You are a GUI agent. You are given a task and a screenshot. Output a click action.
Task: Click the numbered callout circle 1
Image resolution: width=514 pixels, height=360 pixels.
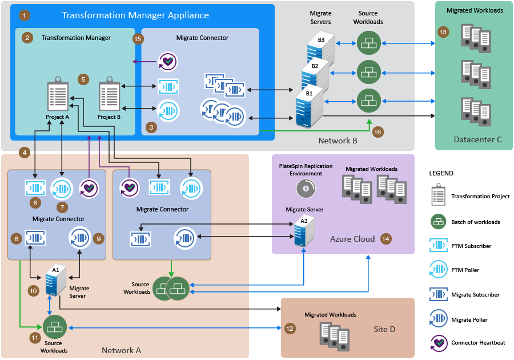click(25, 15)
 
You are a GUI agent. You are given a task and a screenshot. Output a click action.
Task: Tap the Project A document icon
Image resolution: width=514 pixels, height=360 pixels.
click(58, 96)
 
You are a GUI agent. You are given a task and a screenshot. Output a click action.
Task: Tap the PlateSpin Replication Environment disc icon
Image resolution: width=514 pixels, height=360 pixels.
click(305, 189)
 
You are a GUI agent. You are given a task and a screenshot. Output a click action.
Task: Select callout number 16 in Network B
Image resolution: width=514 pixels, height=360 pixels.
click(377, 131)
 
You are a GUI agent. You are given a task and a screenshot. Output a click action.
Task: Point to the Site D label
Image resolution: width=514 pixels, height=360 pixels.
click(384, 329)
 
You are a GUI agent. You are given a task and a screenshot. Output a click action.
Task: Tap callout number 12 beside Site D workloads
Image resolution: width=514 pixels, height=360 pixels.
click(290, 329)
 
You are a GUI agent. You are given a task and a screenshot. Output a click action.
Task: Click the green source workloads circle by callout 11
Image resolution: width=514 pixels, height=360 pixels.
click(55, 327)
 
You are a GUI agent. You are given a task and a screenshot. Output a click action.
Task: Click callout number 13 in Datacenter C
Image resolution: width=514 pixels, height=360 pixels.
click(443, 32)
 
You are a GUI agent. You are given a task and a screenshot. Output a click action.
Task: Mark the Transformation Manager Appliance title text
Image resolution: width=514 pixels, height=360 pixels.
click(135, 15)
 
